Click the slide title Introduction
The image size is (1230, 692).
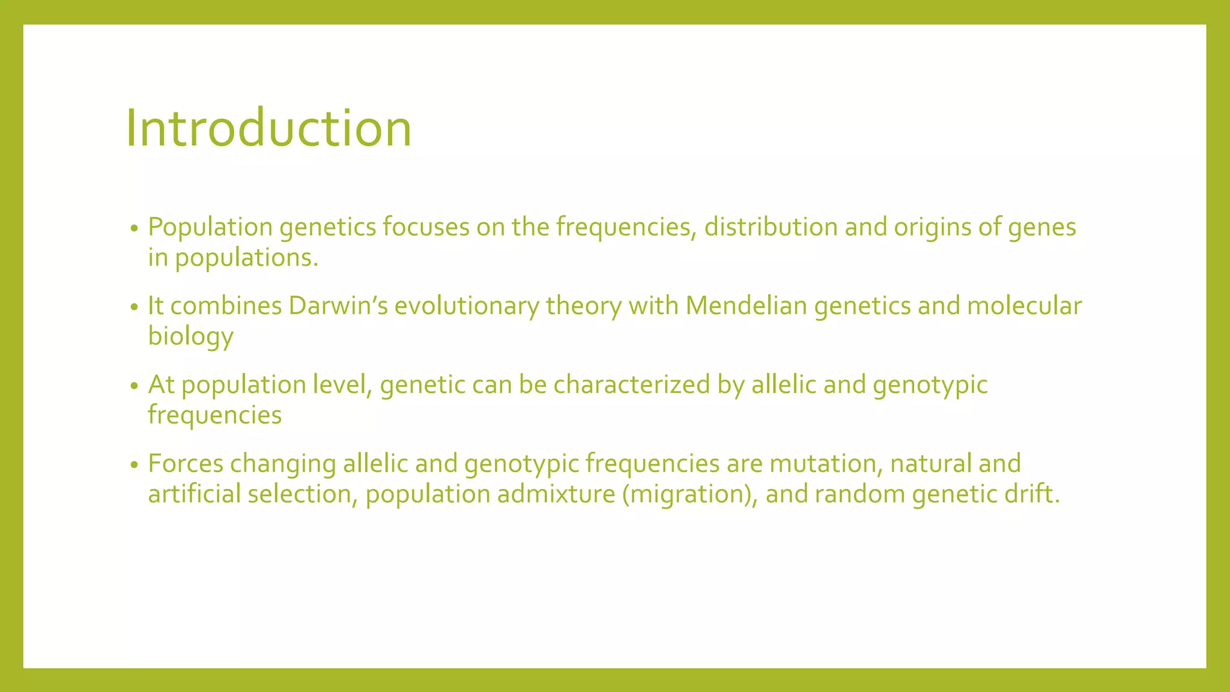pos(268,128)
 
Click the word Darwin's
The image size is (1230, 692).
pos(338,306)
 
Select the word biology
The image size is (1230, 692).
pos(190,336)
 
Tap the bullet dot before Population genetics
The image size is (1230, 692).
pos(135,229)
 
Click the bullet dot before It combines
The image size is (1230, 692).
pos(135,308)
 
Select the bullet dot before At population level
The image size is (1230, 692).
pos(135,386)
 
